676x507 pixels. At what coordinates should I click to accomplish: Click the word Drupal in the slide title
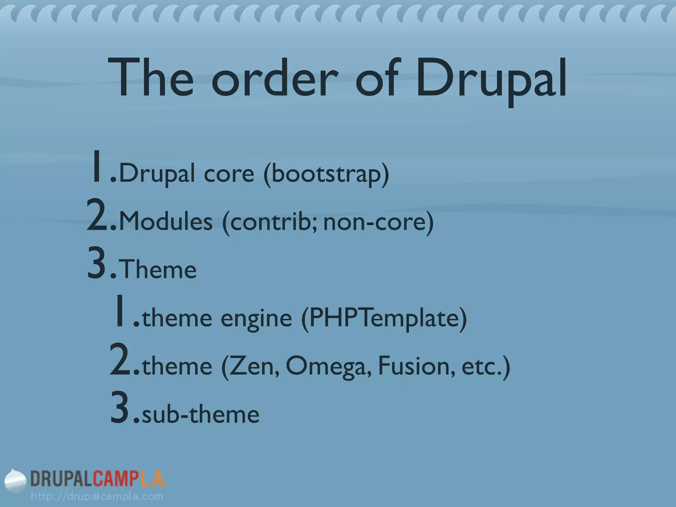point(491,79)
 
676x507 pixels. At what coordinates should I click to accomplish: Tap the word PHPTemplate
point(384,318)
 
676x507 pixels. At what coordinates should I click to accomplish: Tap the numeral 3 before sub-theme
point(121,408)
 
